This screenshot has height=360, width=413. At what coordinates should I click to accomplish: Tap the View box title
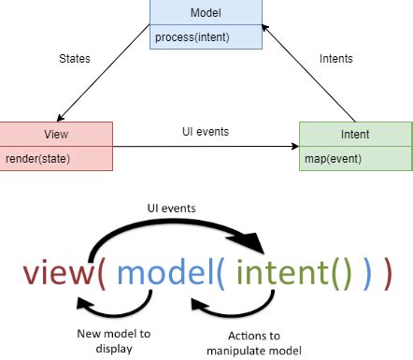click(55, 133)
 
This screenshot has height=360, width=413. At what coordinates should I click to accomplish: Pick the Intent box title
click(354, 133)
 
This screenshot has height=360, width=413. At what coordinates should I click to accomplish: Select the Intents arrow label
click(336, 58)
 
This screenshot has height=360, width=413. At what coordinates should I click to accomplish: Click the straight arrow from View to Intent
click(206, 146)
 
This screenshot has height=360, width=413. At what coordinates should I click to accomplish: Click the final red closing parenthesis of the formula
click(385, 273)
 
